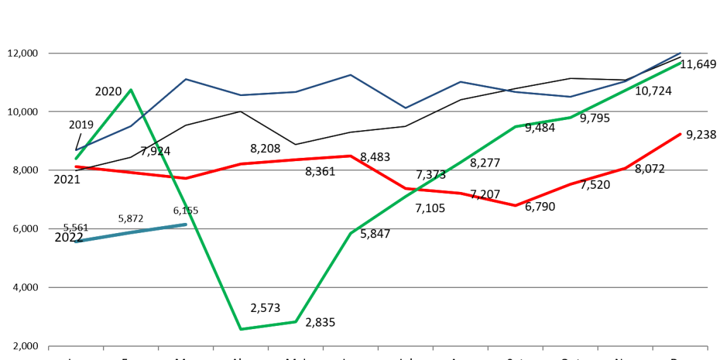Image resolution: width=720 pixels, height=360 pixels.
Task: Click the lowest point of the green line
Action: pyautogui.click(x=241, y=329)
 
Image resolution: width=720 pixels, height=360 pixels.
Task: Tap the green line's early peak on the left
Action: pyautogui.click(x=131, y=90)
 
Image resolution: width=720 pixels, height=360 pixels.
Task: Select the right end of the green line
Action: pyautogui.click(x=681, y=63)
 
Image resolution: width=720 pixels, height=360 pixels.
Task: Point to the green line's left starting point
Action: pyautogui.click(x=76, y=159)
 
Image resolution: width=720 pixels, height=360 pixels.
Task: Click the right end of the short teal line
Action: pyautogui.click(x=186, y=224)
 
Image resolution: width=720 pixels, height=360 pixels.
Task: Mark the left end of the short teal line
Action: pyautogui.click(x=76, y=241)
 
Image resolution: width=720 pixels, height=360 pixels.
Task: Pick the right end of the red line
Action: pyautogui.click(x=681, y=134)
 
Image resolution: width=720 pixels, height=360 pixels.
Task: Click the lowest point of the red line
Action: pyautogui.click(x=515, y=205)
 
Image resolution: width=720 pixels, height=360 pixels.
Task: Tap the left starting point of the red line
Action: pyautogui.click(x=76, y=167)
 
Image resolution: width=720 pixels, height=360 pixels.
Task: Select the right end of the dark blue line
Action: pyautogui.click(x=681, y=52)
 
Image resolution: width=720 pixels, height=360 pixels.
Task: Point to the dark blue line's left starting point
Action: pyautogui.click(x=76, y=150)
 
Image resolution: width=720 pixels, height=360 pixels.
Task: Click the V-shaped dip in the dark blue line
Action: pyautogui.click(x=405, y=108)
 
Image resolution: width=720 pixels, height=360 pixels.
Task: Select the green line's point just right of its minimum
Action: pyautogui.click(x=296, y=321)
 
